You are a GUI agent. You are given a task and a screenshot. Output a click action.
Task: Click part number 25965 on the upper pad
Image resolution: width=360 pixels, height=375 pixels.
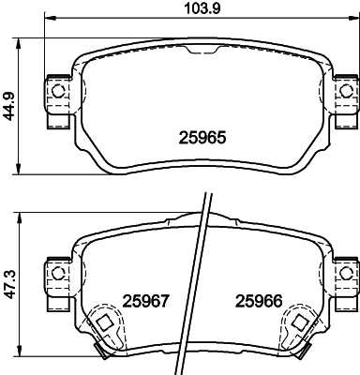tap(203, 135)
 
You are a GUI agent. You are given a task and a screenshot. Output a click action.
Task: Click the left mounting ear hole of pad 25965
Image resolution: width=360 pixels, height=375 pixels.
tap(59, 91)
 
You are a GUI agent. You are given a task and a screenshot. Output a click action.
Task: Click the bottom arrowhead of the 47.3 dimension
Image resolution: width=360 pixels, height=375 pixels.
tap(21, 361)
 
